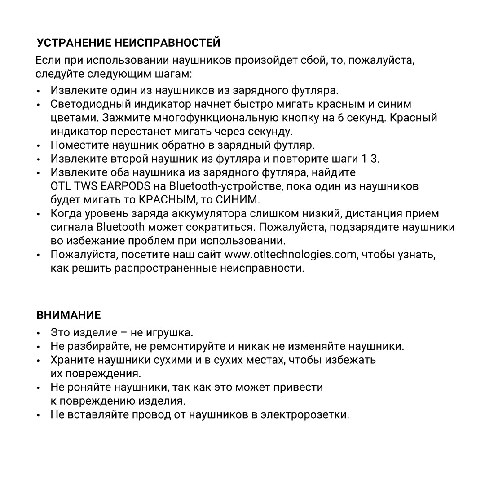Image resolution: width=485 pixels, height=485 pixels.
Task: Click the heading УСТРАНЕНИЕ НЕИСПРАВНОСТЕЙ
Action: tap(128, 43)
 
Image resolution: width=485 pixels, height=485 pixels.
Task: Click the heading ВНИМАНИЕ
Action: tap(68, 315)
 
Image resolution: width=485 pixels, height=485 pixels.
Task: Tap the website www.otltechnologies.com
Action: tap(290, 255)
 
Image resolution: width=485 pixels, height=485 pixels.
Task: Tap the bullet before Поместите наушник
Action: tap(40, 146)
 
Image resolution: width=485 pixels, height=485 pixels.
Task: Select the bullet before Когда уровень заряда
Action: tap(40, 214)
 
